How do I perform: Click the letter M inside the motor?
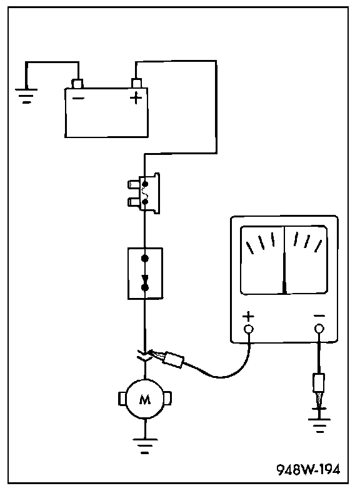click(145, 400)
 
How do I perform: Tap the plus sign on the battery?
click(136, 98)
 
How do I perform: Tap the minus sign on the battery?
click(78, 98)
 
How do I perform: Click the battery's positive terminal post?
click(136, 83)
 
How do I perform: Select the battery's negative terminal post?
click(77, 83)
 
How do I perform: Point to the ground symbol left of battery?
click(26, 96)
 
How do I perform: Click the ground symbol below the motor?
click(145, 446)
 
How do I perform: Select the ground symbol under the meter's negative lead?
click(319, 425)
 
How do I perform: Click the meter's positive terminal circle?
click(248, 329)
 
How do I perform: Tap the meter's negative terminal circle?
click(319, 329)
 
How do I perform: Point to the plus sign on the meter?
click(248, 316)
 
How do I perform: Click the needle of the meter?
click(284, 260)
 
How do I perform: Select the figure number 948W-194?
click(308, 470)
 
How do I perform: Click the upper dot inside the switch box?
click(145, 259)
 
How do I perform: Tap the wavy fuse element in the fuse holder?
click(144, 192)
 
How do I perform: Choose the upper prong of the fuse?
click(134, 184)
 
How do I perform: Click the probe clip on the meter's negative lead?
click(319, 389)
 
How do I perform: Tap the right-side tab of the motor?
click(168, 399)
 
